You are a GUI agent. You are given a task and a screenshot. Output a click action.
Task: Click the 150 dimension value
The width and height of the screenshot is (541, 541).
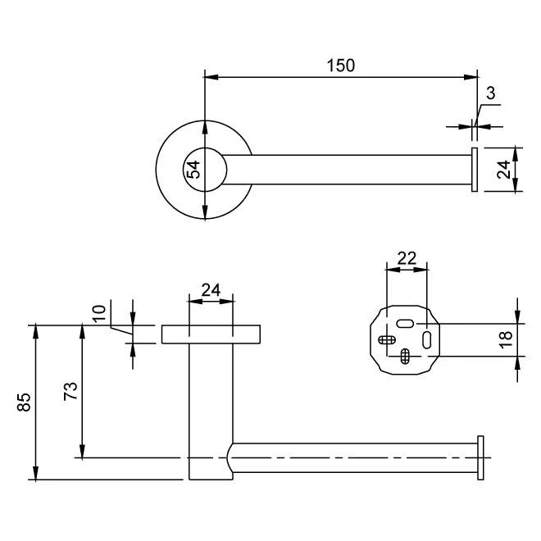[341, 66]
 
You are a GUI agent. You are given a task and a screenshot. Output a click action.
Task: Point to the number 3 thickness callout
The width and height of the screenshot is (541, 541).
[491, 93]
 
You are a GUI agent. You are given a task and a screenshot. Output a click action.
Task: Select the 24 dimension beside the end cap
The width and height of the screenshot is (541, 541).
[504, 169]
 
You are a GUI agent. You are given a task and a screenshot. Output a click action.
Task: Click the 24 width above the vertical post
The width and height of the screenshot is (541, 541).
[211, 289]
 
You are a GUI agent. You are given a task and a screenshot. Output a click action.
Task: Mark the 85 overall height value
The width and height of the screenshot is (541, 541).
[24, 402]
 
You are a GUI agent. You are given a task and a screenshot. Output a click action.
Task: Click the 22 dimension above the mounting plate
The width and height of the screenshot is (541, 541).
[407, 257]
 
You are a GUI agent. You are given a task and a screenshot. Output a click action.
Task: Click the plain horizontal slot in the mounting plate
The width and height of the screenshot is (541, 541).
[404, 325]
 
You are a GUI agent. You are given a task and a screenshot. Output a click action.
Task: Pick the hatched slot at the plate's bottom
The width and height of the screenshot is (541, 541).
[405, 355]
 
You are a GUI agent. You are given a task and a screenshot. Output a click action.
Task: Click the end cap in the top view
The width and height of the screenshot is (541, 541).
[474, 170]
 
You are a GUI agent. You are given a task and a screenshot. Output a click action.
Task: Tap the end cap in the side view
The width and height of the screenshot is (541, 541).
[480, 457]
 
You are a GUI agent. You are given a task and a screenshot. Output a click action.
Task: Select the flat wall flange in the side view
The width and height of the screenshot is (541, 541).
[211, 334]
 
